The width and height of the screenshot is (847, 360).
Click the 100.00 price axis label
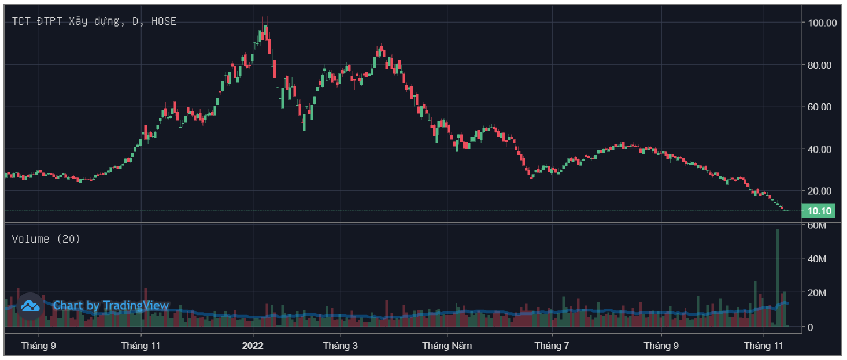click(823, 23)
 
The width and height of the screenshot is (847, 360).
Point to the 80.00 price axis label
click(823, 65)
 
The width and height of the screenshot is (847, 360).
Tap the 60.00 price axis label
click(823, 107)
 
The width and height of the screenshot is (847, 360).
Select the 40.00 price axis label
click(823, 149)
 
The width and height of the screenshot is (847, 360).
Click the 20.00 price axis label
click(823, 191)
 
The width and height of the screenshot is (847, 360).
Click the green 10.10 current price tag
click(819, 211)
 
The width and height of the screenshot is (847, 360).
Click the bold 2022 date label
click(253, 346)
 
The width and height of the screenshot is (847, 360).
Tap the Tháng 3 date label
click(340, 346)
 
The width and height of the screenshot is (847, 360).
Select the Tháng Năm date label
click(447, 346)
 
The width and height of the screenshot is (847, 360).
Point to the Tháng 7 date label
click(552, 346)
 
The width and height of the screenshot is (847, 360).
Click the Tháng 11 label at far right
click(763, 346)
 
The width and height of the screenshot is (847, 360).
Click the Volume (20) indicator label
click(46, 239)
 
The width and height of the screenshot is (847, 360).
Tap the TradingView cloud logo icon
click(30, 306)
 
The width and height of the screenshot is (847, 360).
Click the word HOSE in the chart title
click(164, 21)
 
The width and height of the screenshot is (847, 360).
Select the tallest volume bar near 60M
click(778, 277)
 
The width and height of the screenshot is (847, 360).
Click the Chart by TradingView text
click(111, 306)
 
